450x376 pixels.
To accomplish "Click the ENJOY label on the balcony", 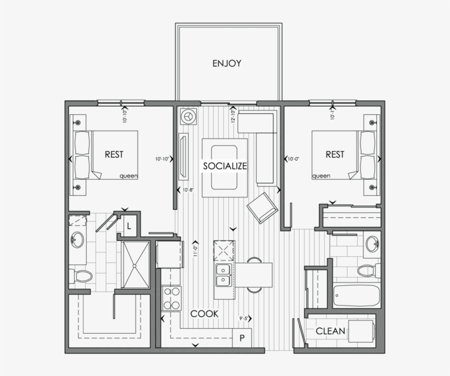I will pyautogui.click(x=227, y=63).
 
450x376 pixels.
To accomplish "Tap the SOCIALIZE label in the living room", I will pyautogui.click(x=225, y=165).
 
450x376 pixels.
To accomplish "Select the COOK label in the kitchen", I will pyautogui.click(x=205, y=314).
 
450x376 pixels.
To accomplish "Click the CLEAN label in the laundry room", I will pyautogui.click(x=330, y=331).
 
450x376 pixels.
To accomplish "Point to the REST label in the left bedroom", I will pyautogui.click(x=114, y=154).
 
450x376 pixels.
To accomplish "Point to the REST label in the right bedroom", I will pyautogui.click(x=335, y=154).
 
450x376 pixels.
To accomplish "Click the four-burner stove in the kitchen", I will pyautogui.click(x=172, y=299).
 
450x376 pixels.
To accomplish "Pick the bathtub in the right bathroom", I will pyautogui.click(x=357, y=296).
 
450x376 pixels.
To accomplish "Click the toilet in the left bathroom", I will pyautogui.click(x=82, y=275).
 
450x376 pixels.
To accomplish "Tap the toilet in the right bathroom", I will pyautogui.click(x=367, y=270).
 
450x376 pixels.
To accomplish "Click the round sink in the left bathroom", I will pyautogui.click(x=77, y=240).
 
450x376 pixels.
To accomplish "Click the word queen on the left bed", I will pyautogui.click(x=128, y=176).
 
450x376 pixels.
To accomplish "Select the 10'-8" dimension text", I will pyautogui.click(x=188, y=190).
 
